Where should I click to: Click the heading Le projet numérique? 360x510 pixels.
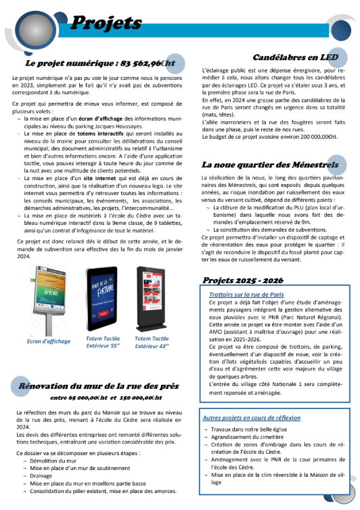pyautogui.click(x=99, y=64)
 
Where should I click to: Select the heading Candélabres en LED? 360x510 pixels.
pyautogui.click(x=294, y=58)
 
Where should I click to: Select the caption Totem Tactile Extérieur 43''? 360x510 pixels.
pyautogui.click(x=152, y=343)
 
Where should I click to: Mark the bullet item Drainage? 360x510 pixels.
pyautogui.click(x=43, y=476)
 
